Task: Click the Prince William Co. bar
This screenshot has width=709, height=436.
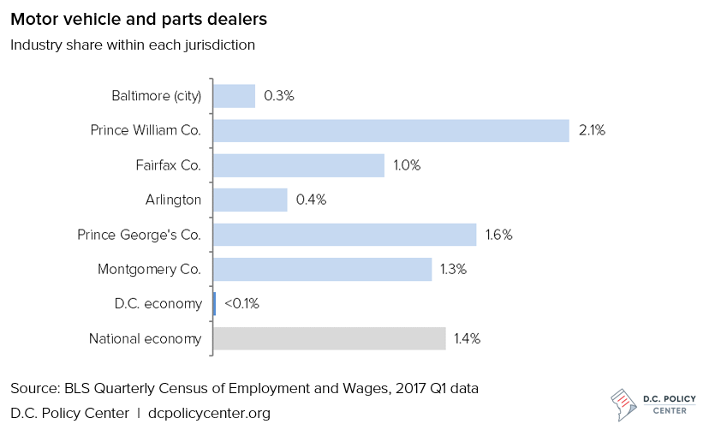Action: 390,130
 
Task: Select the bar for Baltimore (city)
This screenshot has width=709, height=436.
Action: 234,96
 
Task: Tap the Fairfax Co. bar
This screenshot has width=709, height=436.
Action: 298,165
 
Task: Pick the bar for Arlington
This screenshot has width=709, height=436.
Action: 250,200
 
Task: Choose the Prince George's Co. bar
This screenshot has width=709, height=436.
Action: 344,235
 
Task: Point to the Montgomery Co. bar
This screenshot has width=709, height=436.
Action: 322,269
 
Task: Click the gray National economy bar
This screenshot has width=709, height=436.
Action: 329,338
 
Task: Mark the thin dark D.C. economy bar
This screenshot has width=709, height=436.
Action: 214,304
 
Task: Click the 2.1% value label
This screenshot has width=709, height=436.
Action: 592,130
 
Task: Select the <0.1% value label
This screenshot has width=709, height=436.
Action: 241,304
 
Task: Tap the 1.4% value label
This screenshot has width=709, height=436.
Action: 467,338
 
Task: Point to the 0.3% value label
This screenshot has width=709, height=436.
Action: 279,96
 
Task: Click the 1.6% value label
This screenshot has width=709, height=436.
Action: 498,235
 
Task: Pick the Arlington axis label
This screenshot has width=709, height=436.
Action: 173,200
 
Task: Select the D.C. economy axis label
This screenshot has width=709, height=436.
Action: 158,304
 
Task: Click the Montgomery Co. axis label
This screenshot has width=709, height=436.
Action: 150,269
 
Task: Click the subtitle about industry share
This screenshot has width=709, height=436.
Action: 133,45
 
